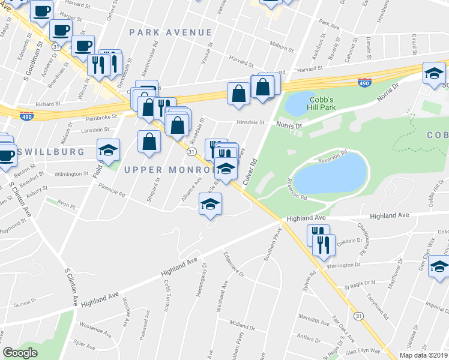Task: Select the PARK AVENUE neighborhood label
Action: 170,32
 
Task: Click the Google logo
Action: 20,353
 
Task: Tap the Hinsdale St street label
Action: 250,122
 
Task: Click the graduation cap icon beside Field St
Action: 109,150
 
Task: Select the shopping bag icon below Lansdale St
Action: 149,142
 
